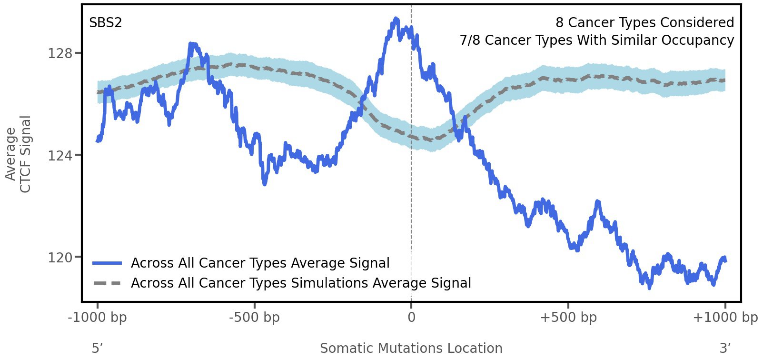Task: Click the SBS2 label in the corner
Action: (x=105, y=23)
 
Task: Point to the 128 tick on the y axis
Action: (x=60, y=53)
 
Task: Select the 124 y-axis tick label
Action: (x=60, y=155)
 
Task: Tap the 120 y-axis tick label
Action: (x=60, y=258)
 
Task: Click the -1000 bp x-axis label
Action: (x=98, y=318)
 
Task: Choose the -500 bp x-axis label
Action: (x=254, y=318)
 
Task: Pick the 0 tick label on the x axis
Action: (x=411, y=318)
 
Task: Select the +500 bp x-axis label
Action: (x=568, y=318)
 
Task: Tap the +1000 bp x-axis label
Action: (x=724, y=318)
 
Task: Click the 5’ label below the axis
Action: (x=97, y=349)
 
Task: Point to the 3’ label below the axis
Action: (x=725, y=349)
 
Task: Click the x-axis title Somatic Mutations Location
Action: (x=411, y=349)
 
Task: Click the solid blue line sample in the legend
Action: (x=108, y=263)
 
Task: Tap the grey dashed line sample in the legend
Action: (x=108, y=283)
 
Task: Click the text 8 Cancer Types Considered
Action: (x=644, y=23)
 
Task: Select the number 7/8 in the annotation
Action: (x=470, y=40)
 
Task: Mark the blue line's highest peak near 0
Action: (x=396, y=20)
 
